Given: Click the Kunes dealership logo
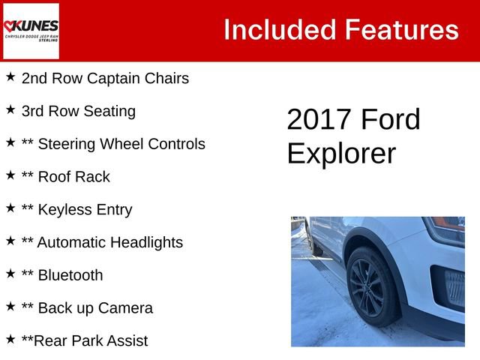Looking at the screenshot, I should coord(31,30).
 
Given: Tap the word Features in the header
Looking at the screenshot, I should coord(401,30).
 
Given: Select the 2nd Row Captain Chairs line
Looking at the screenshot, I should coord(105,78).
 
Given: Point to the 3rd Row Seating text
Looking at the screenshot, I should coord(79,111).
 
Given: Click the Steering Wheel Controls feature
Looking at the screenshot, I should coord(113,144).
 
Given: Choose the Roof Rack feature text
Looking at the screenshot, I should coord(66,177).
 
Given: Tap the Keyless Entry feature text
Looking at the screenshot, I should coord(77,210).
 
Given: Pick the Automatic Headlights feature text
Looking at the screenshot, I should coord(102,242).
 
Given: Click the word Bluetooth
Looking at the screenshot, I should coord(70,275).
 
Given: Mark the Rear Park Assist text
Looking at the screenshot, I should coord(85,340).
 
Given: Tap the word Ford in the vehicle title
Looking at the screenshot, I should coord(391,120).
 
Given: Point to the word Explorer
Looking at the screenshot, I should coord(341,153).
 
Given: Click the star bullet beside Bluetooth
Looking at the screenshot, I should coord(10,274).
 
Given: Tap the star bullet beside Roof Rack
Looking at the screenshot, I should coord(10,175).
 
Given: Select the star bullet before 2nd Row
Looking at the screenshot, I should coord(10,76).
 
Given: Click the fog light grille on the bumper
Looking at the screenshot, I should coord(454,288).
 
